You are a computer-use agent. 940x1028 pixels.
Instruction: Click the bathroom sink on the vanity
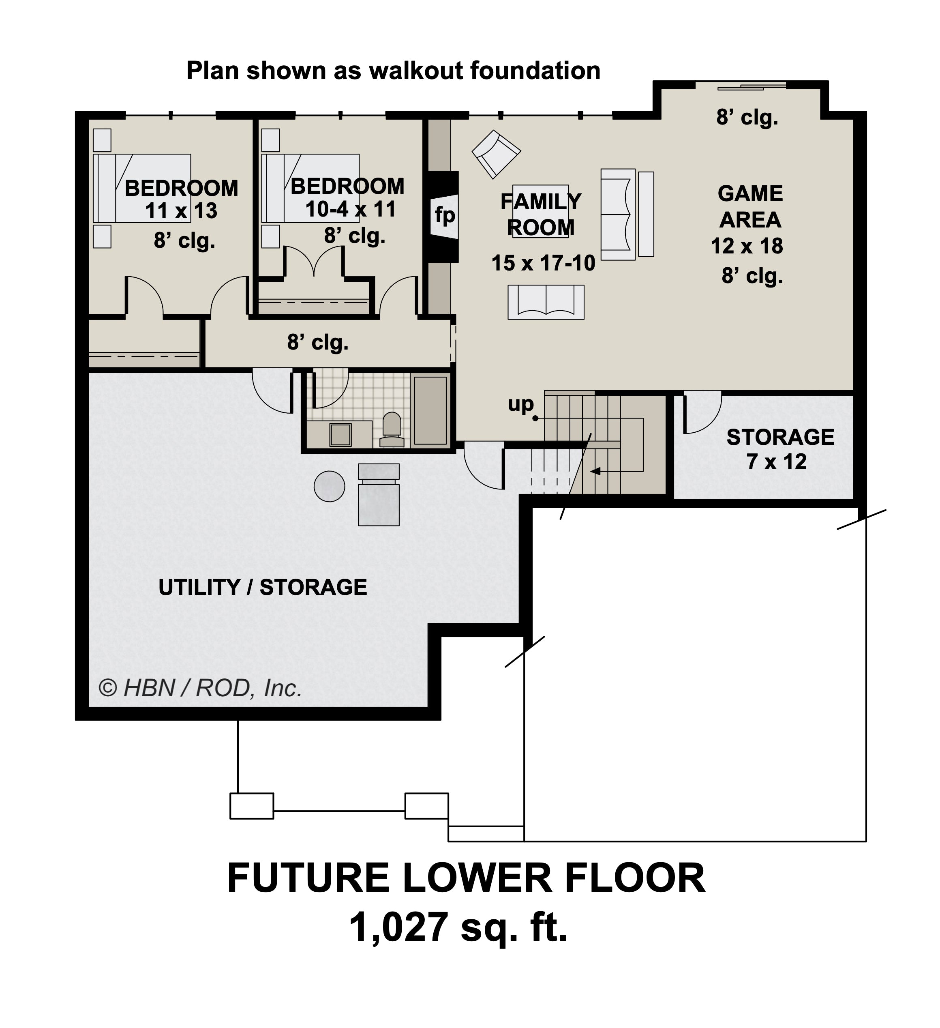(x=340, y=434)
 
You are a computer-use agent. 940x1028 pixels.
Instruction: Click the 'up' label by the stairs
(x=520, y=404)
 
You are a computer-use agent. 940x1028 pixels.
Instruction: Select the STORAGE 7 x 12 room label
(x=779, y=449)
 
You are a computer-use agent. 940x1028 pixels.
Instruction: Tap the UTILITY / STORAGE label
(x=263, y=588)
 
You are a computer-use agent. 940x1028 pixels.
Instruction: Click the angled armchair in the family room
(x=496, y=154)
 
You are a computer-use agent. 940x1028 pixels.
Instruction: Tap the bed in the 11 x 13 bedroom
(x=143, y=189)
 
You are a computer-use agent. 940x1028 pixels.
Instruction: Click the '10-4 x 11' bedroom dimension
(x=350, y=210)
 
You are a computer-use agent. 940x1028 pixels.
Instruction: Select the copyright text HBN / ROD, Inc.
(x=200, y=689)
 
